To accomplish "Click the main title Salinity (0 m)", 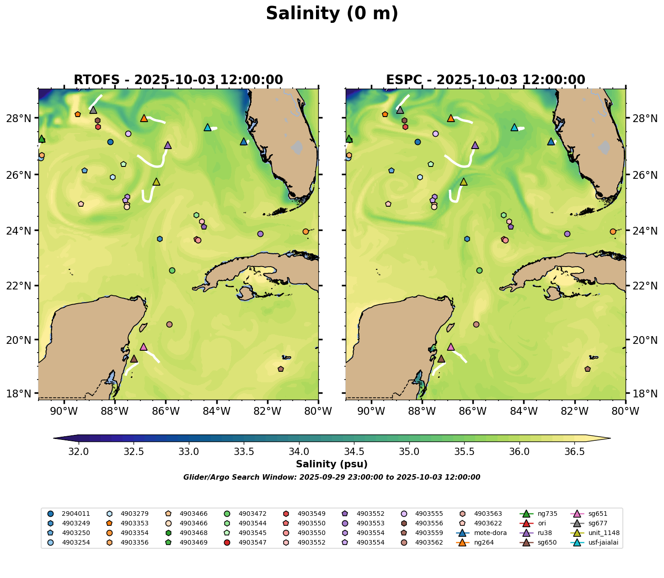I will coord(332,14).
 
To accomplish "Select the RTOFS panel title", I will coord(178,80).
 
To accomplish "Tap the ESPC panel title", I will coord(486,80).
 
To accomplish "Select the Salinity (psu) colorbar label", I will coord(332,465).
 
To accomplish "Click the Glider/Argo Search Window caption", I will coord(332,477).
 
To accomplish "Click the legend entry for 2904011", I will coord(70,514).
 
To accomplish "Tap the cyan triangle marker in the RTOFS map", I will coord(207,128).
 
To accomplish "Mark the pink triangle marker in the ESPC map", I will coord(451,347).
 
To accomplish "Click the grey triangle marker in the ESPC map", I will coord(400,110).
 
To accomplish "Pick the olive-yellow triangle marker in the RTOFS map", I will coord(156,182).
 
